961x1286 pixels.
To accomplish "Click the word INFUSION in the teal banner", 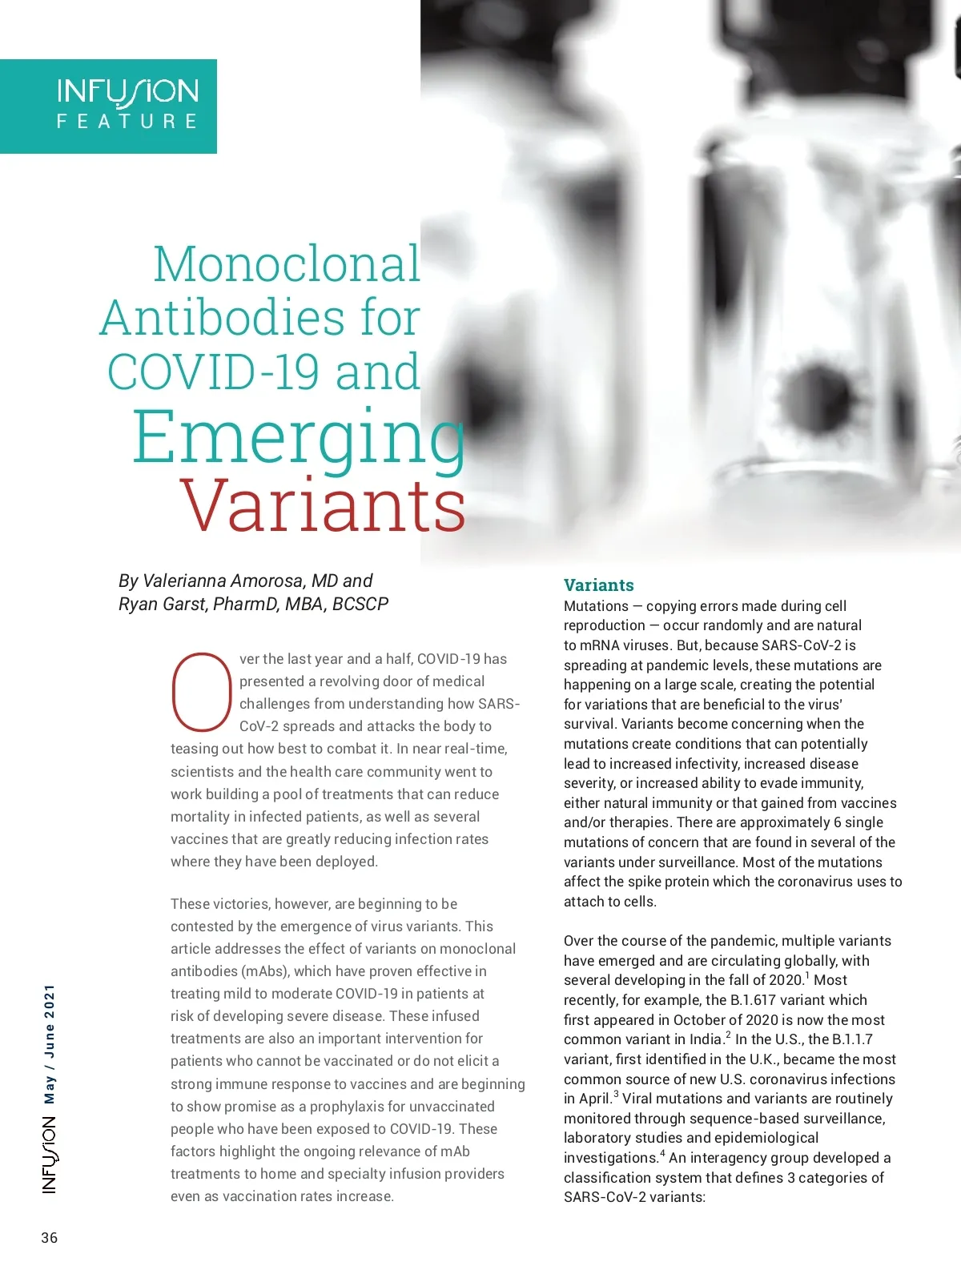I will pyautogui.click(x=127, y=92).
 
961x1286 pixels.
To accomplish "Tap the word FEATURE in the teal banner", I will pyautogui.click(x=127, y=122).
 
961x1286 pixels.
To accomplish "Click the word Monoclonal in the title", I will pyautogui.click(x=287, y=264).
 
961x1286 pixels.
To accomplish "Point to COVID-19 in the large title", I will pyautogui.click(x=215, y=372).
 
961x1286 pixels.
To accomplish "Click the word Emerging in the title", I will pyautogui.click(x=298, y=437).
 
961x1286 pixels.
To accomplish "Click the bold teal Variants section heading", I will pyautogui.click(x=598, y=585).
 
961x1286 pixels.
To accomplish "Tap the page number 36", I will pyautogui.click(x=50, y=1238).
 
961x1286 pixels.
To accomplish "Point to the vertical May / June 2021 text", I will pyautogui.click(x=50, y=1044).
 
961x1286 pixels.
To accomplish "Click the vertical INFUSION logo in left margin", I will pyautogui.click(x=50, y=1155).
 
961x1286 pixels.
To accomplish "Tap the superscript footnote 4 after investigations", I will pyautogui.click(x=662, y=1154).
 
